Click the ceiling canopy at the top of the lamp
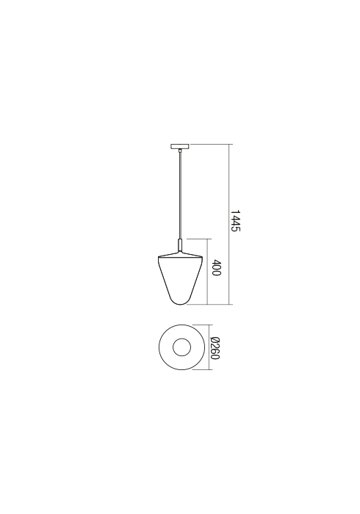180,147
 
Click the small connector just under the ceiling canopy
180,151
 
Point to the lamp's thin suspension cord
180,196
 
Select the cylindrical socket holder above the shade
180,245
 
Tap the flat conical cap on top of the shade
180,254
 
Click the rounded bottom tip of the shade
180,304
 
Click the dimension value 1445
235,220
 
